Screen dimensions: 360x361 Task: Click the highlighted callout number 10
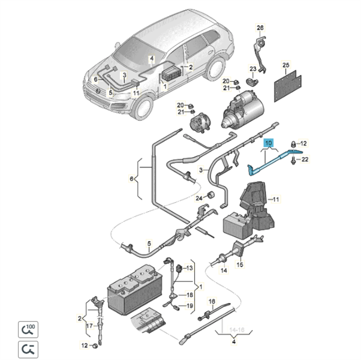click(x=268, y=143)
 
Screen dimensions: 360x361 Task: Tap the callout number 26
click(x=260, y=28)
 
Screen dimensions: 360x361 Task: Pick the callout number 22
click(x=304, y=159)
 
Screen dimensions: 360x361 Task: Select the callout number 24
click(x=199, y=198)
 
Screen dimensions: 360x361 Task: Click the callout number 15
click(x=240, y=265)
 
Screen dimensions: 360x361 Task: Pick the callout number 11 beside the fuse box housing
click(x=276, y=199)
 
